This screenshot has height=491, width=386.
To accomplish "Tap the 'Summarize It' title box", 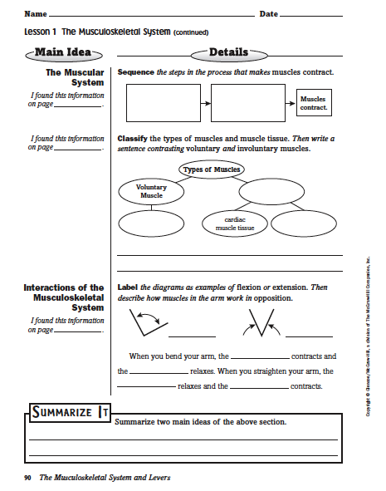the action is coord(70,412).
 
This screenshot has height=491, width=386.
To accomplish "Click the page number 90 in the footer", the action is coord(27,478).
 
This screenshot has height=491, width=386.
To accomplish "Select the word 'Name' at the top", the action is coord(36,14).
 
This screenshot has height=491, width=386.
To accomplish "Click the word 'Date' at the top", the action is coord(269,14).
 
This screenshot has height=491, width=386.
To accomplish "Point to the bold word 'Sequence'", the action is coord(136,72).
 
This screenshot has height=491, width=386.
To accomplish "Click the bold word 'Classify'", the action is coord(132,139).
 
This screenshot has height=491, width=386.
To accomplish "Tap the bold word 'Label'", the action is coord(128,287).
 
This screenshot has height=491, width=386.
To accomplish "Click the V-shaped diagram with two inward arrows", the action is coord(261,322).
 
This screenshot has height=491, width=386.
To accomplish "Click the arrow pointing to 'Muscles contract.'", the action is coord(291,103).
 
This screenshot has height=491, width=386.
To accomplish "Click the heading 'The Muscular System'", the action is coord(75,77).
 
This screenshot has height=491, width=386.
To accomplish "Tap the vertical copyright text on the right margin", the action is coord(369,336).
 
